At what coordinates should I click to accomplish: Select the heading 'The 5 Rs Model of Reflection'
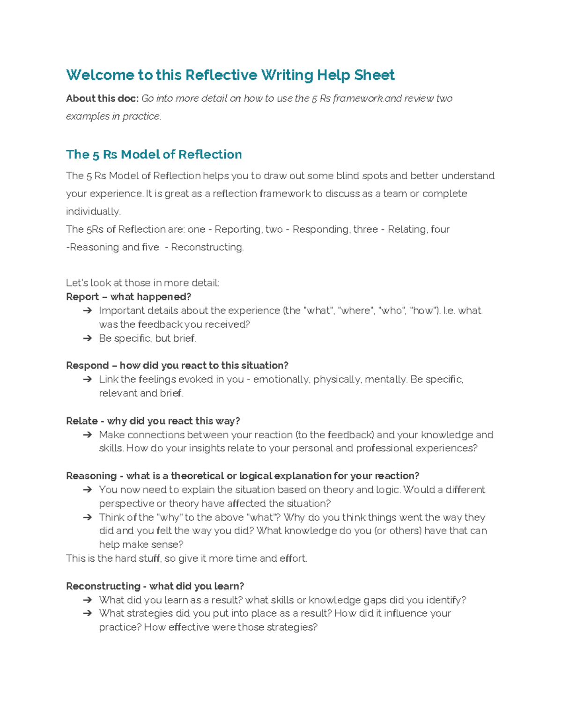pos(154,154)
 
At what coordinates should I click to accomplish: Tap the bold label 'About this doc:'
pos(102,98)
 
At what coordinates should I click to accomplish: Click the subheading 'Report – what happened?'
pos(128,297)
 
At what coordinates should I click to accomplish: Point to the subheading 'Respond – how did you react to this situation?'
pos(177,366)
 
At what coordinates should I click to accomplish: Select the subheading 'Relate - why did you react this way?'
pos(153,421)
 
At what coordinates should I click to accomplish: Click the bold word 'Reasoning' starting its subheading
pos(91,476)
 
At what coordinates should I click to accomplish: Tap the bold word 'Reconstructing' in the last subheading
pos(103,586)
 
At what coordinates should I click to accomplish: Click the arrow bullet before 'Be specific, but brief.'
pos(87,338)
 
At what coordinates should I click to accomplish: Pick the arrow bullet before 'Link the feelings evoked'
pos(87,380)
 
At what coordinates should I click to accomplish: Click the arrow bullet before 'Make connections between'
pos(87,435)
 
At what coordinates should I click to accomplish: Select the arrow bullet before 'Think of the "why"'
pos(87,518)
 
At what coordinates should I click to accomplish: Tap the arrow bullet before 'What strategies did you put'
pos(87,614)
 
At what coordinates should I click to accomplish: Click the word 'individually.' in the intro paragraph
pos(93,212)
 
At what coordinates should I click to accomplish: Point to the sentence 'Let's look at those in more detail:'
pos(142,283)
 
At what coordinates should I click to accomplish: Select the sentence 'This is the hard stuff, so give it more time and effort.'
pos(186,558)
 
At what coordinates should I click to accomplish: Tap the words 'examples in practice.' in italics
pos(113,116)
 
